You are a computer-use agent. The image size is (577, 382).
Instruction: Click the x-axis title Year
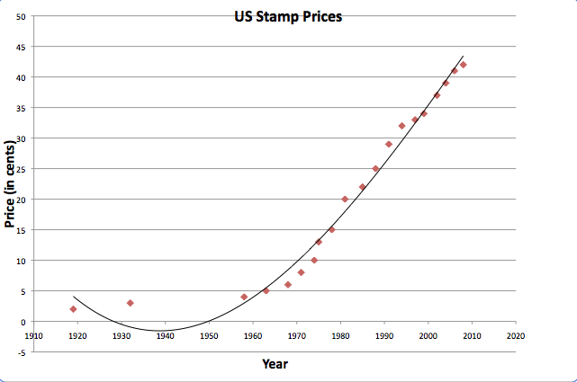coord(275,364)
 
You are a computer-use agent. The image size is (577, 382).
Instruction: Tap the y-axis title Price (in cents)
coord(12,183)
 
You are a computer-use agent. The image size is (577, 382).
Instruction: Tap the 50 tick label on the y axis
coord(20,16)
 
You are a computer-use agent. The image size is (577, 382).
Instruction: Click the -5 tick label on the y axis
coord(22,351)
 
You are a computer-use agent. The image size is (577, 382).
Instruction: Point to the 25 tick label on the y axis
coord(20,169)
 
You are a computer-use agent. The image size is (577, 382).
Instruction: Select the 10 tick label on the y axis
coord(20,261)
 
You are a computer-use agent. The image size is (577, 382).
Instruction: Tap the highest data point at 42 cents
coord(464,65)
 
